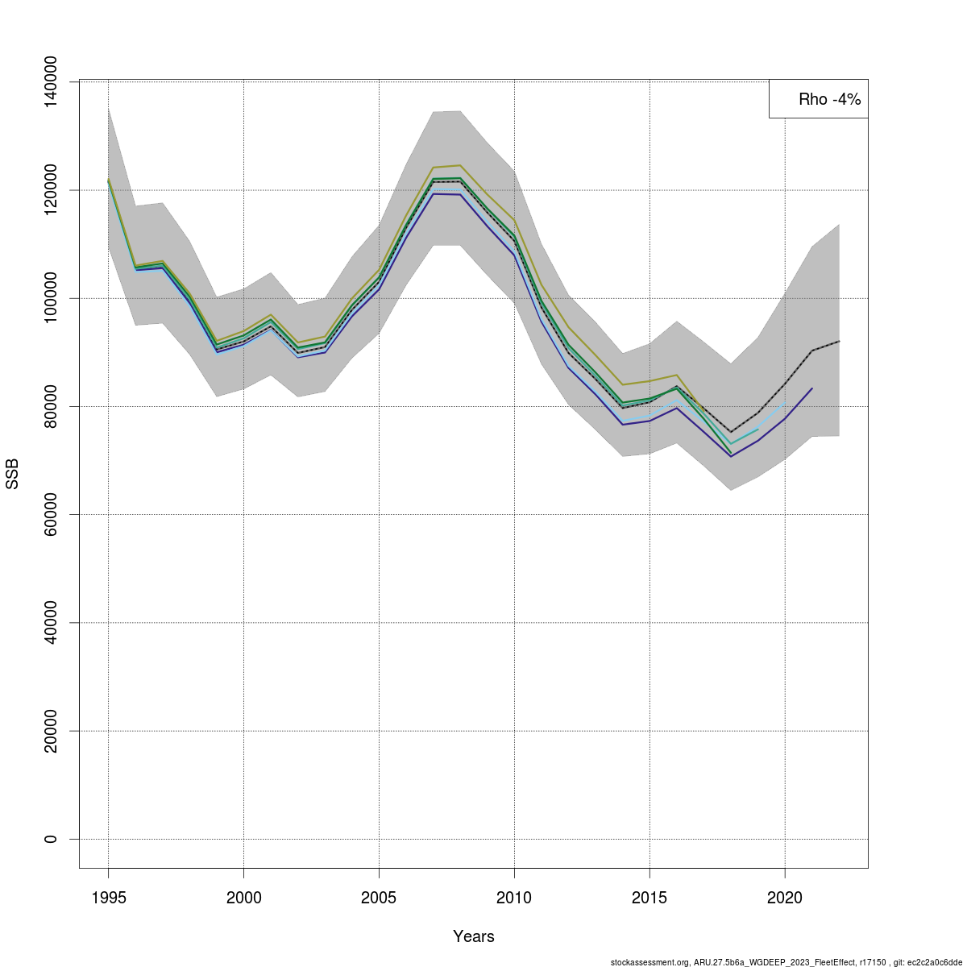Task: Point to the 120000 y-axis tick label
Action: [x=51, y=190]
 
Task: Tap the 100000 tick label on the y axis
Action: [x=51, y=298]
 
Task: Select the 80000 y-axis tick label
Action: [x=51, y=406]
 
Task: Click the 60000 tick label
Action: [x=51, y=514]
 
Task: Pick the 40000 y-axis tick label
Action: [x=51, y=622]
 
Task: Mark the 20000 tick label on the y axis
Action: [x=51, y=731]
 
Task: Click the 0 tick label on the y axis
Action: [x=51, y=839]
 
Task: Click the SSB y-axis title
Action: [x=12, y=474]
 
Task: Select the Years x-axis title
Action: [x=474, y=936]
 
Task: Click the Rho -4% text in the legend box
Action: [x=829, y=99]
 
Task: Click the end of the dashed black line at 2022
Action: [x=839, y=342]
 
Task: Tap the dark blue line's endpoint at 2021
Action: [x=812, y=388]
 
